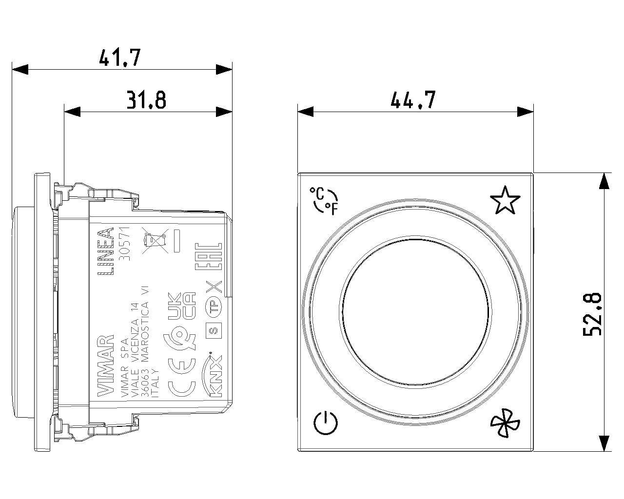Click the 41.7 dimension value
pyautogui.click(x=120, y=58)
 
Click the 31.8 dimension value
pyautogui.click(x=146, y=100)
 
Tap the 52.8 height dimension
pyautogui.click(x=593, y=314)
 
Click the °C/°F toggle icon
pyautogui.click(x=324, y=201)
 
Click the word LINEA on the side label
pyautogui.click(x=106, y=251)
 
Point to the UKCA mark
pyautogui.click(x=181, y=307)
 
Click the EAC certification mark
pyautogui.click(x=209, y=256)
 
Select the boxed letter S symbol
pyautogui.click(x=214, y=330)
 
